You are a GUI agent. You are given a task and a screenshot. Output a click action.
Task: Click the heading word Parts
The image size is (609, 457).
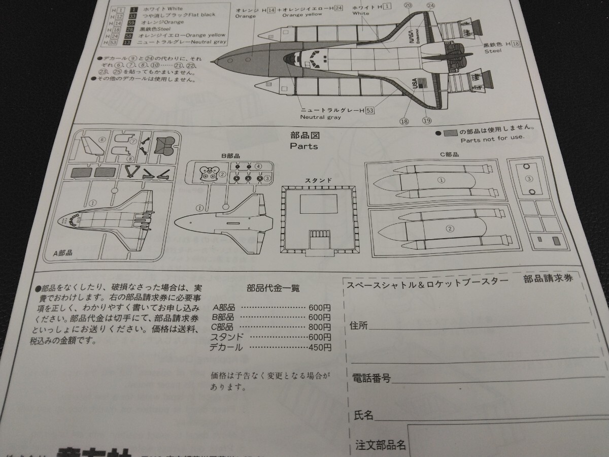point(303,146)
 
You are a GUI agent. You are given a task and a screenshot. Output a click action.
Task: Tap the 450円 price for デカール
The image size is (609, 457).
point(320,348)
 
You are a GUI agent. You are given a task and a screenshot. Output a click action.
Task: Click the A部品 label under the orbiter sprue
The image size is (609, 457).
point(62,252)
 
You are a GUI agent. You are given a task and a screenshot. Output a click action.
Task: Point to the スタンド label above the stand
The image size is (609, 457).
point(318,180)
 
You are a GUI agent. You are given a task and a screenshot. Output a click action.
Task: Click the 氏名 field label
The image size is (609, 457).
point(363,416)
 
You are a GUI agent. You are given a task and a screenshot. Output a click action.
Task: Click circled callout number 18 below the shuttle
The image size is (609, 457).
point(404,121)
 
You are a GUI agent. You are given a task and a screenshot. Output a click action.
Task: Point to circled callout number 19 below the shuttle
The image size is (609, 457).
point(426,120)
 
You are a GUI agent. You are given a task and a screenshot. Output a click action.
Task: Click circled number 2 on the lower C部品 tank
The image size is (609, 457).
point(450,228)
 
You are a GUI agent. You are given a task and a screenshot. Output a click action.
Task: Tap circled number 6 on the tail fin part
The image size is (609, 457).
point(102,140)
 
